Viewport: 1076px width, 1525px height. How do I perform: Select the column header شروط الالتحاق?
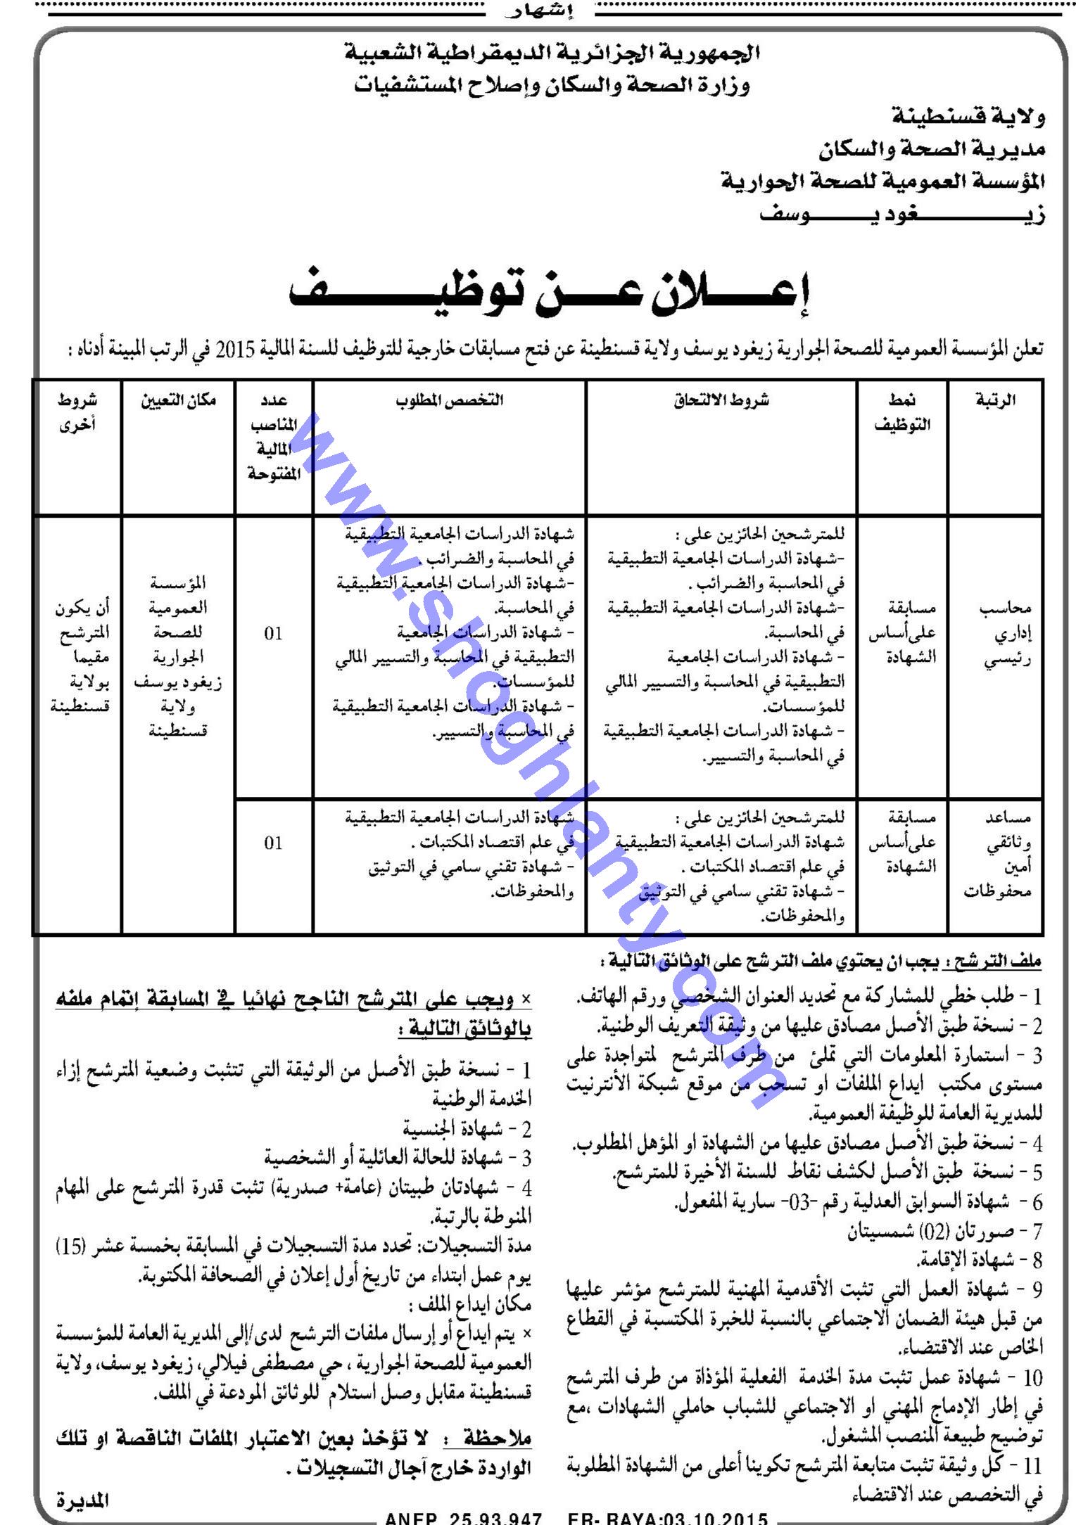click(722, 401)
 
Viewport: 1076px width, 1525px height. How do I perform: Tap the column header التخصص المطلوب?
click(450, 401)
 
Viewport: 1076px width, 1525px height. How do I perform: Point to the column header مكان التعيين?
click(178, 401)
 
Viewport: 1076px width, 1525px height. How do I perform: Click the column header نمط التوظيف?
click(903, 412)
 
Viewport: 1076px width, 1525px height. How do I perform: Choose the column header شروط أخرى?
click(77, 412)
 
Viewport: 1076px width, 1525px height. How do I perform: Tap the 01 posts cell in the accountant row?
click(274, 634)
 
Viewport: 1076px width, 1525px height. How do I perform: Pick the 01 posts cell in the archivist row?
click(274, 843)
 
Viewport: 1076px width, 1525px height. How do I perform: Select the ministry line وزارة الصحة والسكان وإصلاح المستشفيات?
click(552, 86)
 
